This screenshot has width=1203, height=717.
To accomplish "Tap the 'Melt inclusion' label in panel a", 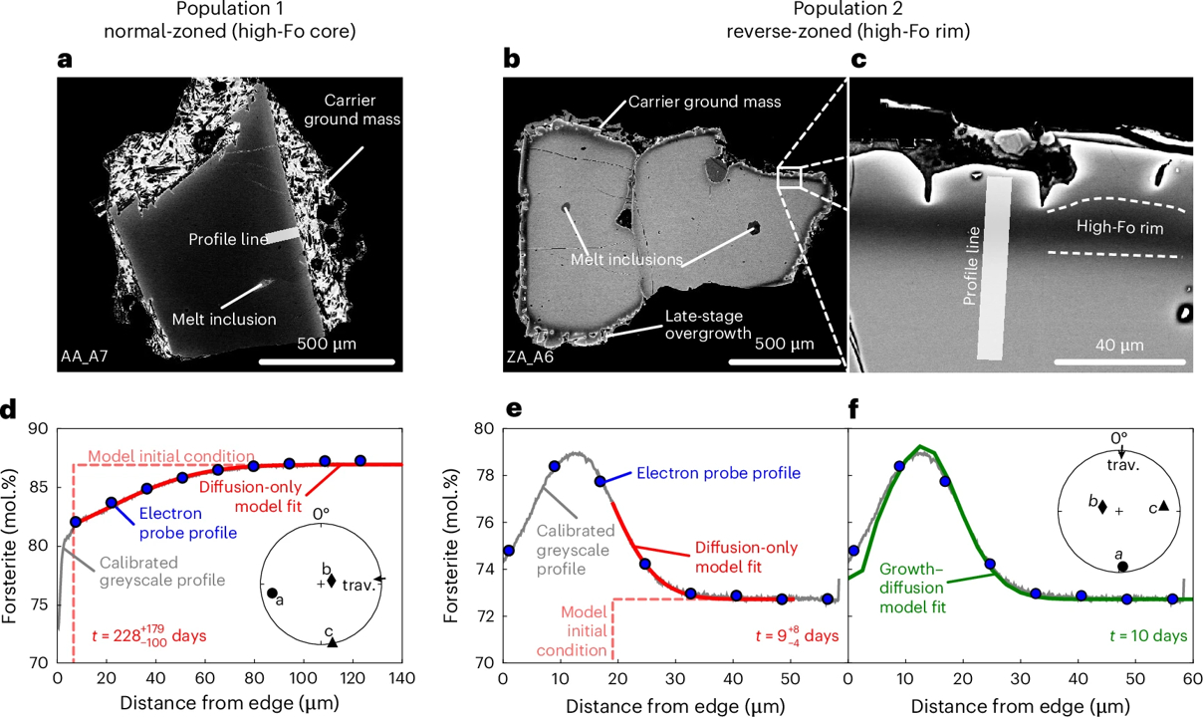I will coord(225,319).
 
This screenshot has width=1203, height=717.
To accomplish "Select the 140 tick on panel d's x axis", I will coord(401,678).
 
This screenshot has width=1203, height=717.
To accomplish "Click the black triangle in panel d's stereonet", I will coord(332,641).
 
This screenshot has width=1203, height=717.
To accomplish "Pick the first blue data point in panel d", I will coord(76,522).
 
